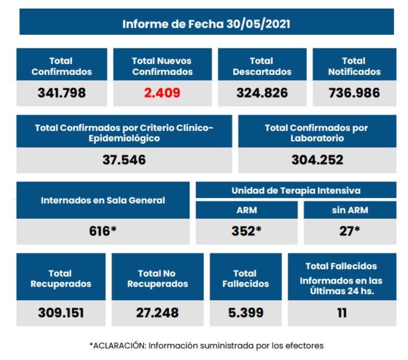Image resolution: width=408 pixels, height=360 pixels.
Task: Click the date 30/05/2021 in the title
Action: click(x=258, y=24)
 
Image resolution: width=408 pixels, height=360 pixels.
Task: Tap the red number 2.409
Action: click(x=161, y=93)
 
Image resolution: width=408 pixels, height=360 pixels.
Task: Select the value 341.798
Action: click(x=61, y=93)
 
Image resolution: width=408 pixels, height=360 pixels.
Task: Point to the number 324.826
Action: click(x=262, y=93)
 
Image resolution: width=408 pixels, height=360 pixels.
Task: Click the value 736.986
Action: click(x=354, y=93)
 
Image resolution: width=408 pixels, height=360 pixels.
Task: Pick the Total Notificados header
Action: click(x=354, y=66)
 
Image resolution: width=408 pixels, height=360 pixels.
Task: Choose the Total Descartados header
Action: click(x=262, y=66)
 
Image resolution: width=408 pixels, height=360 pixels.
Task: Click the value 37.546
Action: click(x=124, y=160)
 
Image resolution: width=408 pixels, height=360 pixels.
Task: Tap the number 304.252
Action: click(x=317, y=160)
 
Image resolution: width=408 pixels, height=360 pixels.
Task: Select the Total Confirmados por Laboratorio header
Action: click(x=317, y=133)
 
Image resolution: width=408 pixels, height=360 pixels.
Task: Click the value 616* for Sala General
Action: click(x=103, y=230)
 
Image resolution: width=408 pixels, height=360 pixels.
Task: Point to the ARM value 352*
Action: click(x=246, y=230)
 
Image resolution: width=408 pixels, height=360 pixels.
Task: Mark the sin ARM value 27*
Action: click(x=350, y=230)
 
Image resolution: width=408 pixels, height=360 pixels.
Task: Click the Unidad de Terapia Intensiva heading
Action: click(x=296, y=190)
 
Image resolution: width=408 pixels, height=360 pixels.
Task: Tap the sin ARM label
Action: click(x=350, y=210)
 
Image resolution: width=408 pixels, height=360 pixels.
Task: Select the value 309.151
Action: click(x=61, y=312)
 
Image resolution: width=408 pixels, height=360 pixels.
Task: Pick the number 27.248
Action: click(x=157, y=312)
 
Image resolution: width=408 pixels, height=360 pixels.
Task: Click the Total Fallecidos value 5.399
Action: click(x=245, y=312)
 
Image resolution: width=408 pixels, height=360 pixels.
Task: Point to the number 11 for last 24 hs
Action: click(x=342, y=312)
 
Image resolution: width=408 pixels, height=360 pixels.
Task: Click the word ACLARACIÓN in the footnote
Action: click(x=118, y=345)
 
